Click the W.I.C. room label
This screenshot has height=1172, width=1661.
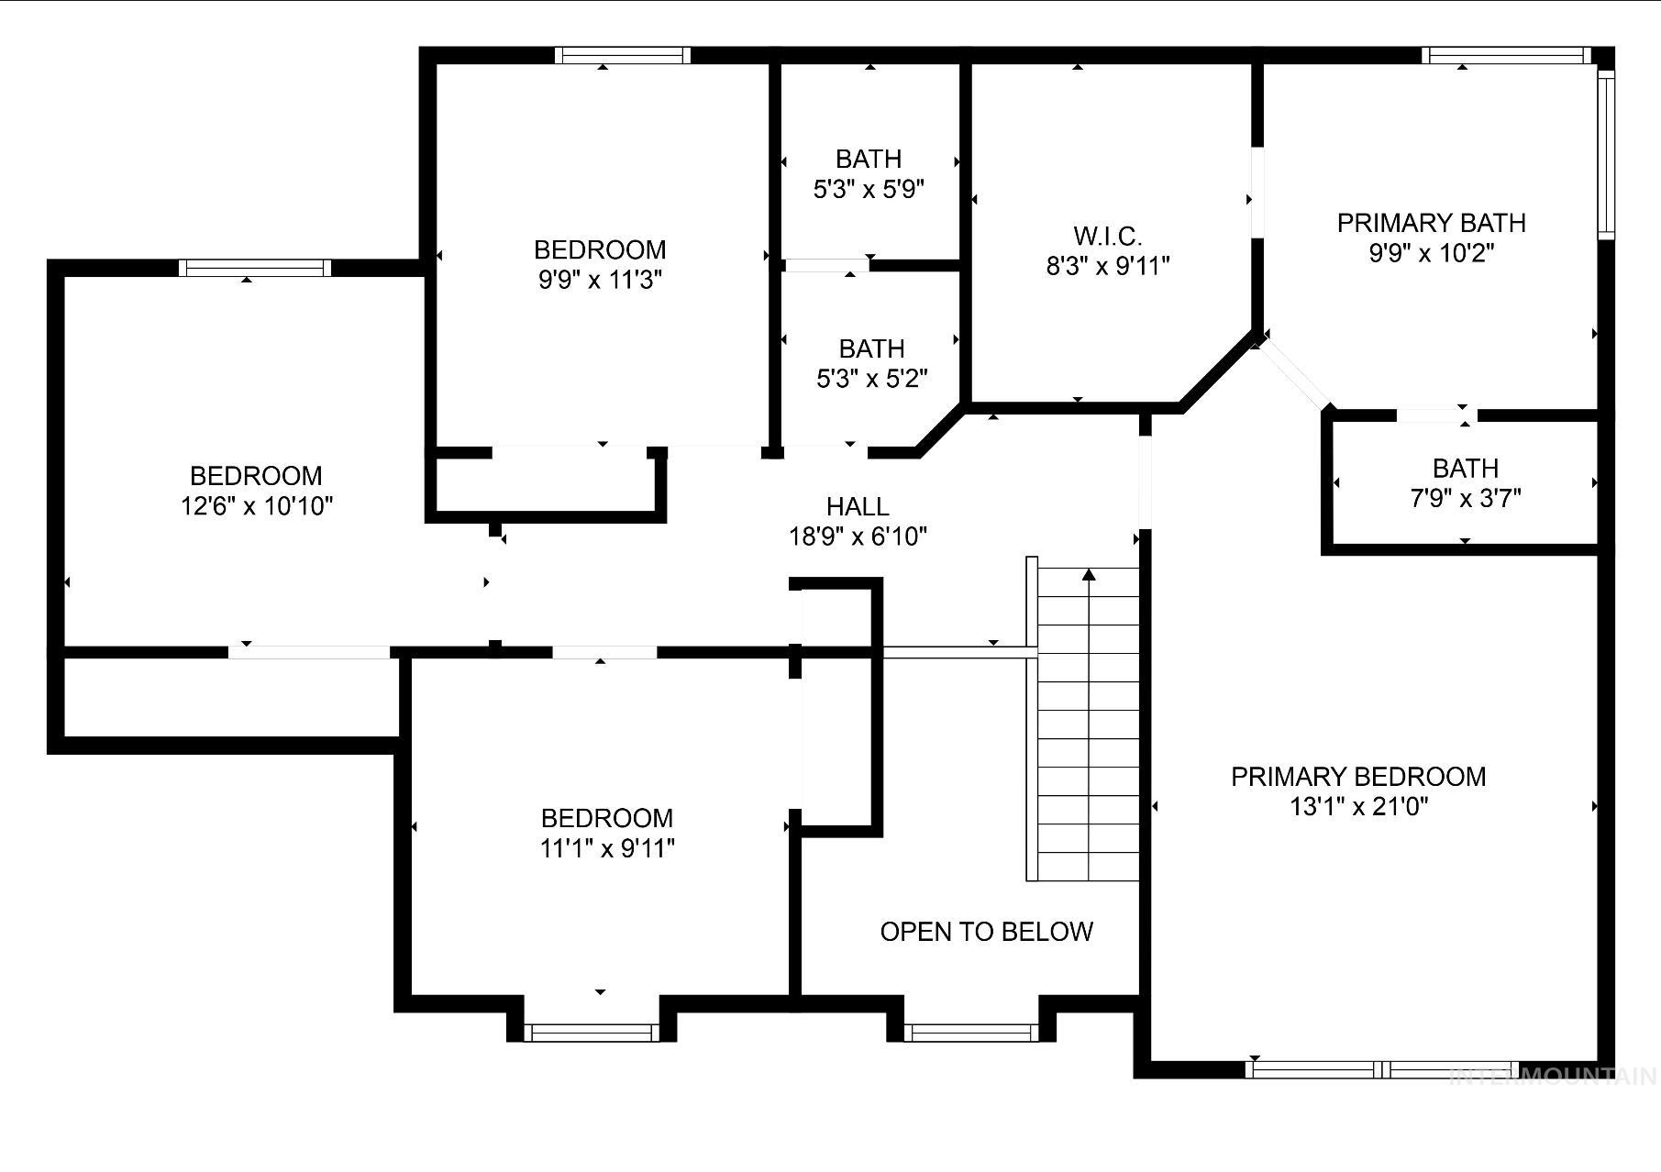(1108, 237)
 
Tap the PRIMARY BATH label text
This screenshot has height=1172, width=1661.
(1431, 223)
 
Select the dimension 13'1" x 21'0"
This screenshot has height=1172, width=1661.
(1359, 807)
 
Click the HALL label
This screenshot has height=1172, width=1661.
(858, 506)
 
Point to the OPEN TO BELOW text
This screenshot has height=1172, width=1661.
(986, 932)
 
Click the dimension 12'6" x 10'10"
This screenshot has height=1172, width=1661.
(256, 505)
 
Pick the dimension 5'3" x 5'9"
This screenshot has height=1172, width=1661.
(868, 190)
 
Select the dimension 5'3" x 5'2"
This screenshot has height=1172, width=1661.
(871, 378)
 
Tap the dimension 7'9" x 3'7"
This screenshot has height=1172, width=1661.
(1465, 498)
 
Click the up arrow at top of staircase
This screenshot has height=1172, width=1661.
(1089, 575)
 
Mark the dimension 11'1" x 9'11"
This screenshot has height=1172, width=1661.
(606, 848)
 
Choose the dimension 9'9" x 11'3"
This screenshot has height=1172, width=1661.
(600, 280)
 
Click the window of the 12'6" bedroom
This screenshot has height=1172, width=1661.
(255, 268)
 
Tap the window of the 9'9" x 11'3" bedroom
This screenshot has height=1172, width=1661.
(623, 55)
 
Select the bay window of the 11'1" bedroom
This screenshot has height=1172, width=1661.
(592, 1033)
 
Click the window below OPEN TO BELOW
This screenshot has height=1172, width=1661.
(971, 1033)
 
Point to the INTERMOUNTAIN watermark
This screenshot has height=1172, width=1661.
(1554, 1076)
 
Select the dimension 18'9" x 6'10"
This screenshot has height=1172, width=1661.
(858, 536)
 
